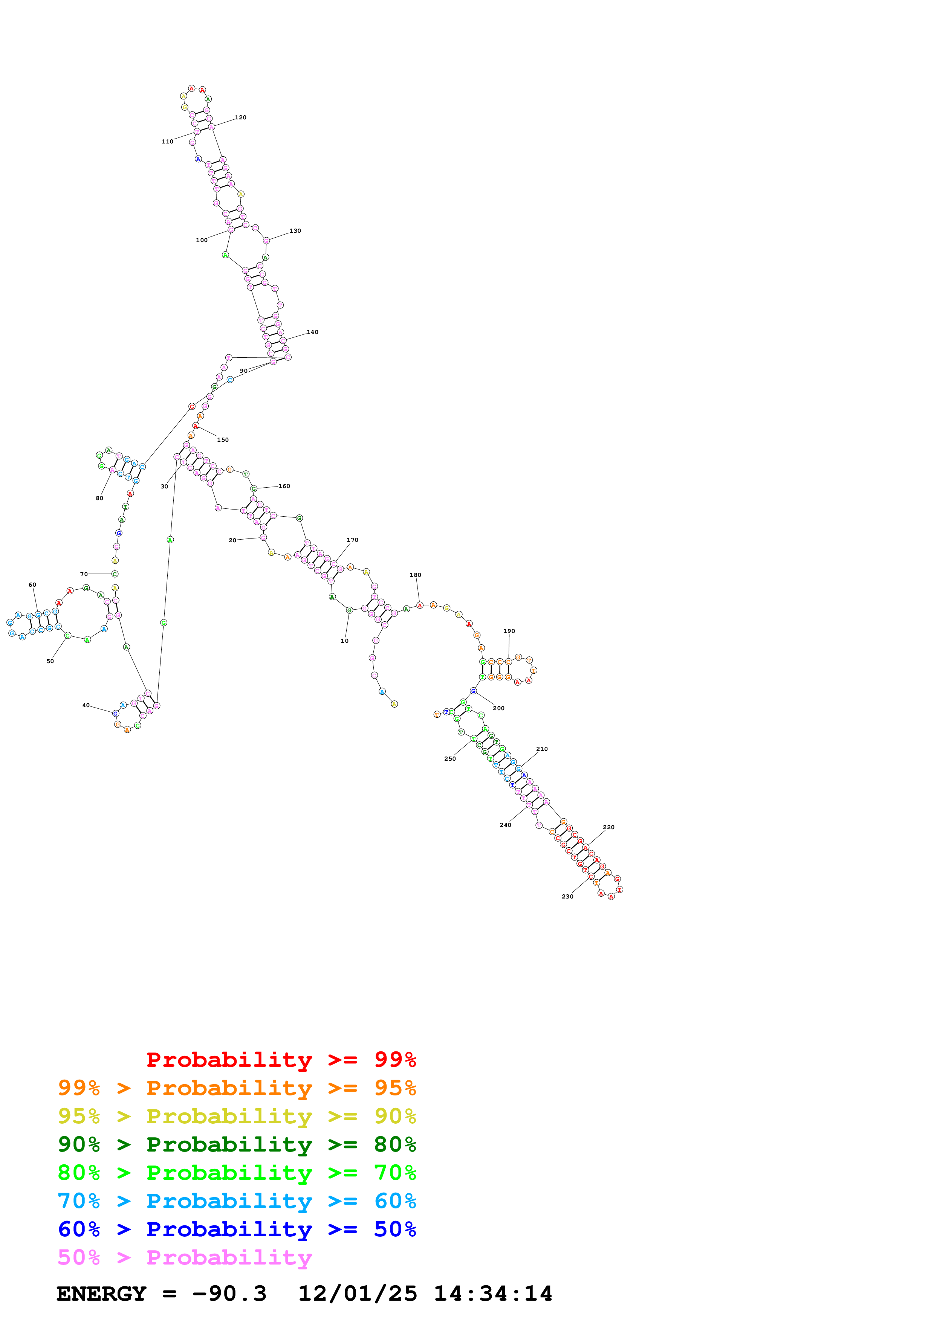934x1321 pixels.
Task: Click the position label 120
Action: tap(240, 117)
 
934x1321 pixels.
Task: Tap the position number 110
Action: tap(167, 142)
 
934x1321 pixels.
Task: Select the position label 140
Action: tap(312, 332)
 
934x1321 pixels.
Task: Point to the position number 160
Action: tap(284, 486)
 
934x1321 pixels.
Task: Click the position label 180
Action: tap(416, 575)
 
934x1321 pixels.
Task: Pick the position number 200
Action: tap(498, 708)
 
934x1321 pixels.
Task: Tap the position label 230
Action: tap(567, 896)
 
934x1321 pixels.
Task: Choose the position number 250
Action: tap(450, 759)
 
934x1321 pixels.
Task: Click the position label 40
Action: tap(86, 705)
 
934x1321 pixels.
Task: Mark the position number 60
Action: tap(32, 584)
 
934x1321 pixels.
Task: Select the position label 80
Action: tap(99, 498)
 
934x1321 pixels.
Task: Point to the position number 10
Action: tap(345, 641)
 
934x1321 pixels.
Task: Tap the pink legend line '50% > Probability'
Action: tap(185, 1258)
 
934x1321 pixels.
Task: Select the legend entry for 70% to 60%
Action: tap(237, 1201)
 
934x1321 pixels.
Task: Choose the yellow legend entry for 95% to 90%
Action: tap(237, 1116)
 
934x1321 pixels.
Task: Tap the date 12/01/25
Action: tap(358, 1294)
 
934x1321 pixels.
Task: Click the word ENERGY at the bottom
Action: tap(101, 1294)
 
